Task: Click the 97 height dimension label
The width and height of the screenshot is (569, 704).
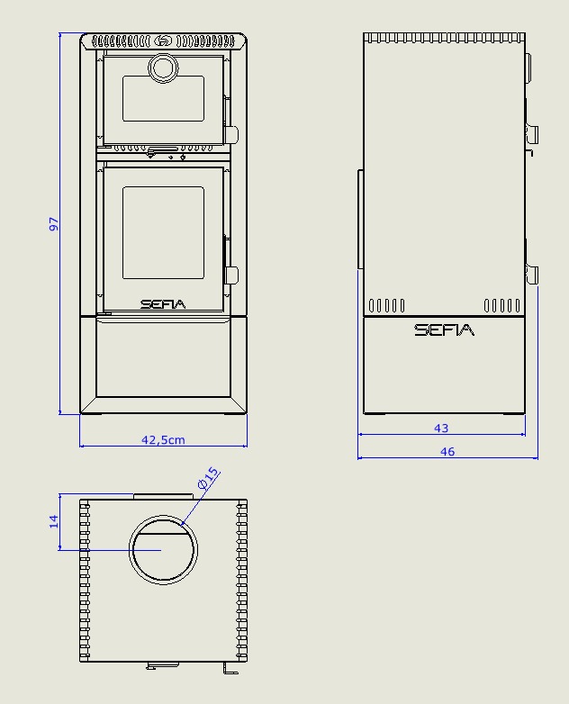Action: [53, 223]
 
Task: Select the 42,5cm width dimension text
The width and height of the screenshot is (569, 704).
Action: [163, 440]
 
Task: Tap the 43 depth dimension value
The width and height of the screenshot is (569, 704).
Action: [441, 429]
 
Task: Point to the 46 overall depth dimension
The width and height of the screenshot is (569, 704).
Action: [447, 452]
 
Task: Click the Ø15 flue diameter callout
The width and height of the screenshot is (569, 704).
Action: [208, 479]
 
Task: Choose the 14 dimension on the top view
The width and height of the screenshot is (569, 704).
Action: [53, 521]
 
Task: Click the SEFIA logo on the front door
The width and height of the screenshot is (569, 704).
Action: [163, 304]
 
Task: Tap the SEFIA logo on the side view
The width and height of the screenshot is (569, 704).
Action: [444, 330]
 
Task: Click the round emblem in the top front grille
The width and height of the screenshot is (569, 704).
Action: [163, 41]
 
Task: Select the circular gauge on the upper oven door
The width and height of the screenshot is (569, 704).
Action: [163, 68]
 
